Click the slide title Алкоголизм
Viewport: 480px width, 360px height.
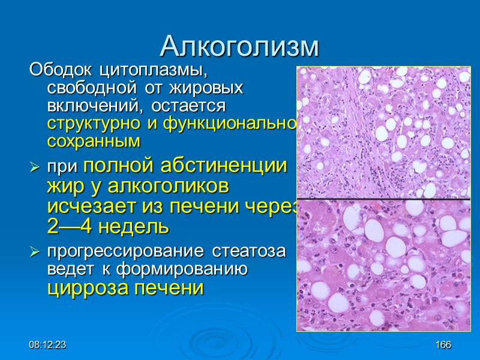point(240,46)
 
